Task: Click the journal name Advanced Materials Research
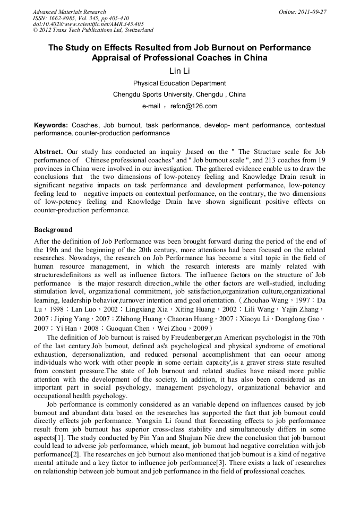pyautogui.click(x=69, y=12)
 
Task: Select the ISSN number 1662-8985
pyautogui.click(x=65, y=18)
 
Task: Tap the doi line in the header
pyautogui.click(x=88, y=24)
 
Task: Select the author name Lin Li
pyautogui.click(x=179, y=71)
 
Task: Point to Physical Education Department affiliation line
pyautogui.click(x=179, y=83)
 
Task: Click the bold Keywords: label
pyautogui.click(x=51, y=125)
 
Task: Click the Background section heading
pyautogui.click(x=53, y=230)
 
